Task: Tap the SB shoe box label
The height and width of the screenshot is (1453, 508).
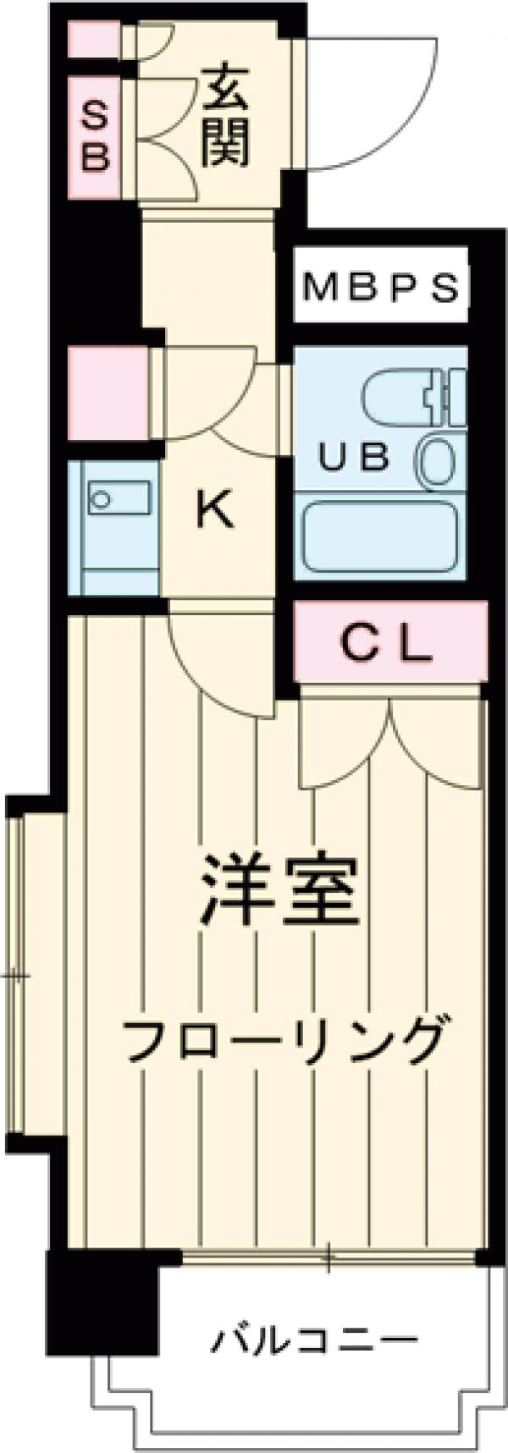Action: tap(95, 136)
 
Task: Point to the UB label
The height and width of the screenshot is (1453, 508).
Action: tap(353, 457)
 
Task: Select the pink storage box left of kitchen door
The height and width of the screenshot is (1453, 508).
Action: tap(108, 394)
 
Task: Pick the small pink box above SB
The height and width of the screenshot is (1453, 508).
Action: tap(93, 40)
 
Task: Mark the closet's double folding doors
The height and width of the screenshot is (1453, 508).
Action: tap(389, 745)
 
